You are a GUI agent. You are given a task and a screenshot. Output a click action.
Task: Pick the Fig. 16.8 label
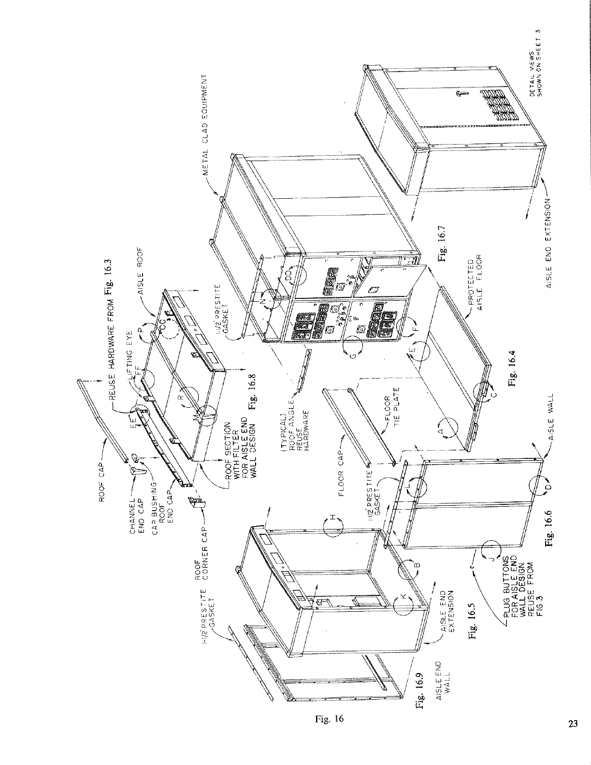tap(251, 392)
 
